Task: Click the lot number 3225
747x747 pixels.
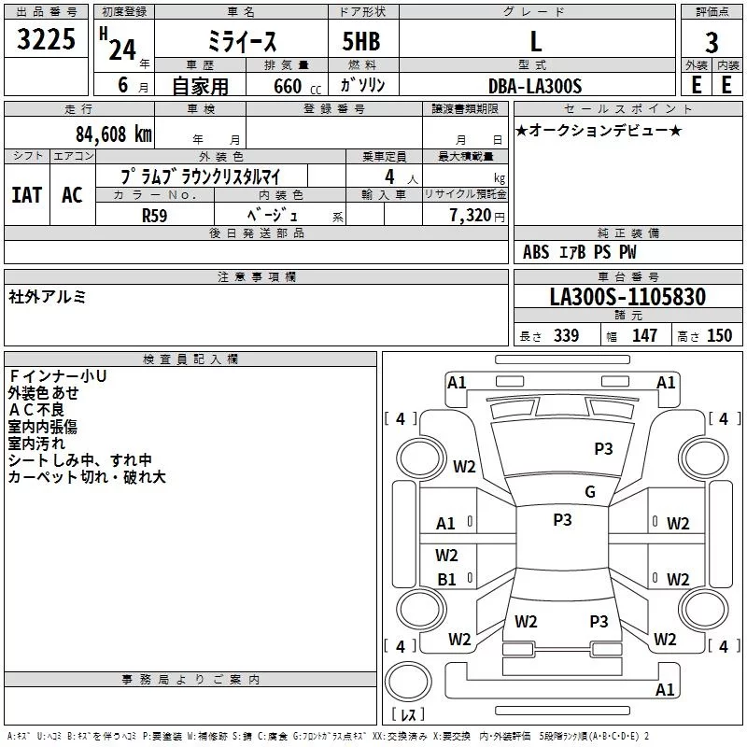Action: click(x=46, y=38)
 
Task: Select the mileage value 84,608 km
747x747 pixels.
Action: click(x=114, y=134)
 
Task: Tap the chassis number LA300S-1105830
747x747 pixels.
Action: click(x=627, y=296)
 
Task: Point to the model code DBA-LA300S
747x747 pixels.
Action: click(x=535, y=86)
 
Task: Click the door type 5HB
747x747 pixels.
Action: click(x=361, y=41)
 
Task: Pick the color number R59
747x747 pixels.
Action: click(x=154, y=216)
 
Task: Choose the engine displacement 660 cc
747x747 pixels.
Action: click(x=297, y=86)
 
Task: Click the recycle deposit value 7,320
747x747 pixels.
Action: click(x=471, y=216)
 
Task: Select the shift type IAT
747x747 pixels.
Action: click(x=26, y=195)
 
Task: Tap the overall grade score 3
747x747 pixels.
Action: click(x=712, y=43)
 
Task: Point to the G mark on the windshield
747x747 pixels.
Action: click(x=590, y=491)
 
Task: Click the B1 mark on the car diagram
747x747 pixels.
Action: click(x=446, y=579)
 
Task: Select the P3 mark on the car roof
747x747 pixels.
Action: click(x=562, y=519)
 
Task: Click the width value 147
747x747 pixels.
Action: click(x=644, y=335)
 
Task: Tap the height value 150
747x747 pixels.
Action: click(x=719, y=335)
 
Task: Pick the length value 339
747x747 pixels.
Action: click(x=566, y=335)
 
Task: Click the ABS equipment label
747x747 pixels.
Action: click(x=536, y=252)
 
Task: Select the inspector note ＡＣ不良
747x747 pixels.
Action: click(x=36, y=410)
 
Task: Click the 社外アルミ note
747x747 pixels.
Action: click(x=47, y=297)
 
